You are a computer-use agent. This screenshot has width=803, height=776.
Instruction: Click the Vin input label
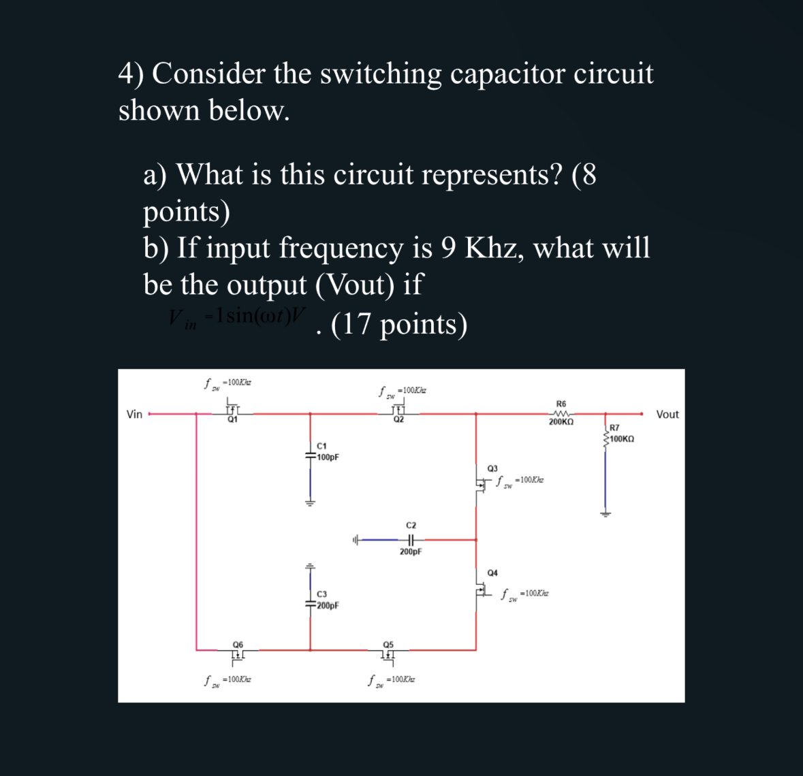point(135,414)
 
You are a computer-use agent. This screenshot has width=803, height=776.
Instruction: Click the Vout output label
point(667,414)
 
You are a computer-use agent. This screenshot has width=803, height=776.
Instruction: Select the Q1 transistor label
point(233,420)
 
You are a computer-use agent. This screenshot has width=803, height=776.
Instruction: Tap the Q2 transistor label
point(398,420)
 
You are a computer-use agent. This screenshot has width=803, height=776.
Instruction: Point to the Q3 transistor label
point(492,468)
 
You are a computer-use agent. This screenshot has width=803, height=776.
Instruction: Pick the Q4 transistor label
point(492,572)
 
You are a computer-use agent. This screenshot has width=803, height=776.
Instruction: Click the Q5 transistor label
point(388,644)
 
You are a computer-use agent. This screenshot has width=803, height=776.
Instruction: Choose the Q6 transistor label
point(238,644)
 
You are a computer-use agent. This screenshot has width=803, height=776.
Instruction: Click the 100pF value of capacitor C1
point(328,457)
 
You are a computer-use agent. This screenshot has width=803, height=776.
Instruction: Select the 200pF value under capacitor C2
point(411,552)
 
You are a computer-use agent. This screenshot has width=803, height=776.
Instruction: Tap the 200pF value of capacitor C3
point(328,605)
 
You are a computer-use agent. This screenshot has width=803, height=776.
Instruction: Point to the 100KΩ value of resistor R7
point(622,439)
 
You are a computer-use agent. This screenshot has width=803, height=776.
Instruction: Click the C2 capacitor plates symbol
point(410,540)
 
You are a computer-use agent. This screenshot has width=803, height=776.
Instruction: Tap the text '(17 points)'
point(399,324)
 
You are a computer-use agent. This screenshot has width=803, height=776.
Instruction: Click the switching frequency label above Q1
point(227,383)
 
